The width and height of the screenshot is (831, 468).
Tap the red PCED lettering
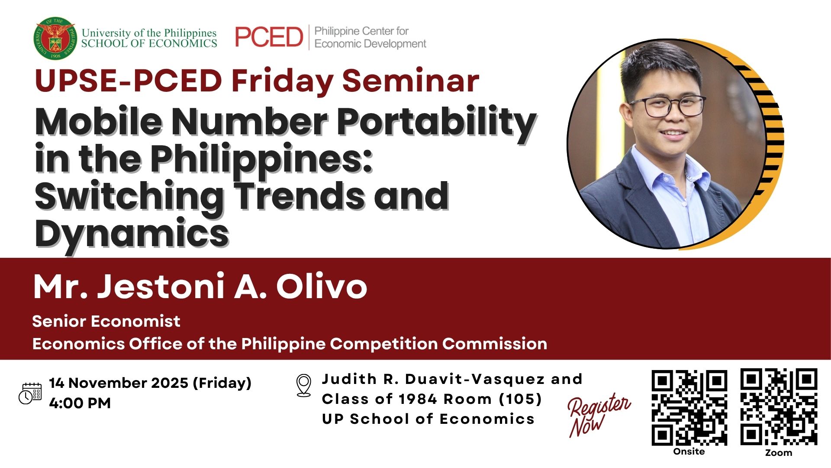(269, 37)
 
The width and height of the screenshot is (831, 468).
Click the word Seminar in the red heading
(411, 81)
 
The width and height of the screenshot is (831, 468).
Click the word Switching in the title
(129, 197)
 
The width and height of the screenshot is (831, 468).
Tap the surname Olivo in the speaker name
(322, 286)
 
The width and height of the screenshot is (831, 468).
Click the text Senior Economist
(106, 321)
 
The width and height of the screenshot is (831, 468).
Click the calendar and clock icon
(30, 393)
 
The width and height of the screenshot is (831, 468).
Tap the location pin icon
(303, 385)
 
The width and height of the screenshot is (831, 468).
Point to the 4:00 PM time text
(80, 403)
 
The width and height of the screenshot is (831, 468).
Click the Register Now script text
(599, 415)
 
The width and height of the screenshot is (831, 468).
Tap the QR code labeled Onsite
(689, 408)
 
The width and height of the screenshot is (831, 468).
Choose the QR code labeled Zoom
(779, 406)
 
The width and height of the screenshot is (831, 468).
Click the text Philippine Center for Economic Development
(370, 37)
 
